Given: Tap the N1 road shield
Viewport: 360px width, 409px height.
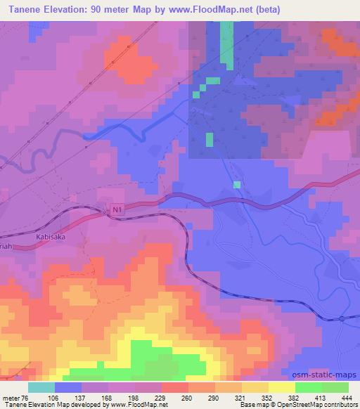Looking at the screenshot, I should tap(117, 209).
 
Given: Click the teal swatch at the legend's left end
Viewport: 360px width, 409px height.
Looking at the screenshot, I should tap(41, 387).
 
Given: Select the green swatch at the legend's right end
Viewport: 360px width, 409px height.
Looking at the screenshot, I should tap(335, 387).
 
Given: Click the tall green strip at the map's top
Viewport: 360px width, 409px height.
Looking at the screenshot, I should tap(226, 44).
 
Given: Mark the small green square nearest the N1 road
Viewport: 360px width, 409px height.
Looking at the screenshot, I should tap(237, 185).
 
